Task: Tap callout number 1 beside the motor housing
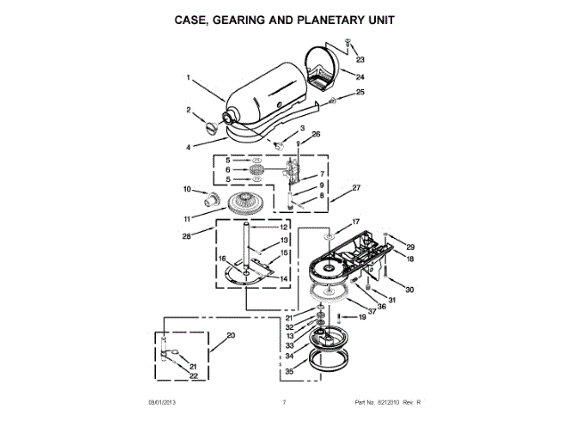point(190,78)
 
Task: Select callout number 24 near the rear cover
point(360,76)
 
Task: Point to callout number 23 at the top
point(360,60)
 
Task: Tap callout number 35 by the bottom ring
point(288,371)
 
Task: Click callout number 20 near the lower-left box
point(231,335)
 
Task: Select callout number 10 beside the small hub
point(187,189)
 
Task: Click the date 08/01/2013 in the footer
point(163,403)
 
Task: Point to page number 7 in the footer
point(283,403)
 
